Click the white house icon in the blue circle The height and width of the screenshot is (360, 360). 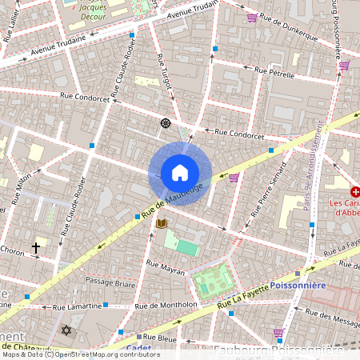[x=180, y=173]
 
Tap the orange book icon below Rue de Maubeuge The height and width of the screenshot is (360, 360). [x=162, y=222]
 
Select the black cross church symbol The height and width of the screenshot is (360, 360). [x=35, y=248]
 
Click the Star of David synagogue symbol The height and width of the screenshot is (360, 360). [x=66, y=330]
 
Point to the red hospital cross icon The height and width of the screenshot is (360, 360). [x=355, y=192]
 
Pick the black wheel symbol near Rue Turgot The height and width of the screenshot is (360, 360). [x=166, y=122]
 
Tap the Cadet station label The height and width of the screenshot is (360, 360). [x=139, y=347]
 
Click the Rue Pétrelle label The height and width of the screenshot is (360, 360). [x=276, y=72]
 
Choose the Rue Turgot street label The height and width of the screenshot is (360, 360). [x=164, y=74]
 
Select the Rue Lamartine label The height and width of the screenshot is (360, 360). [x=77, y=306]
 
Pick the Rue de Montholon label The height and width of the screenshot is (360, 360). [x=166, y=305]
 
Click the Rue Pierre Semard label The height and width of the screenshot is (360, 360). [x=268, y=190]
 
